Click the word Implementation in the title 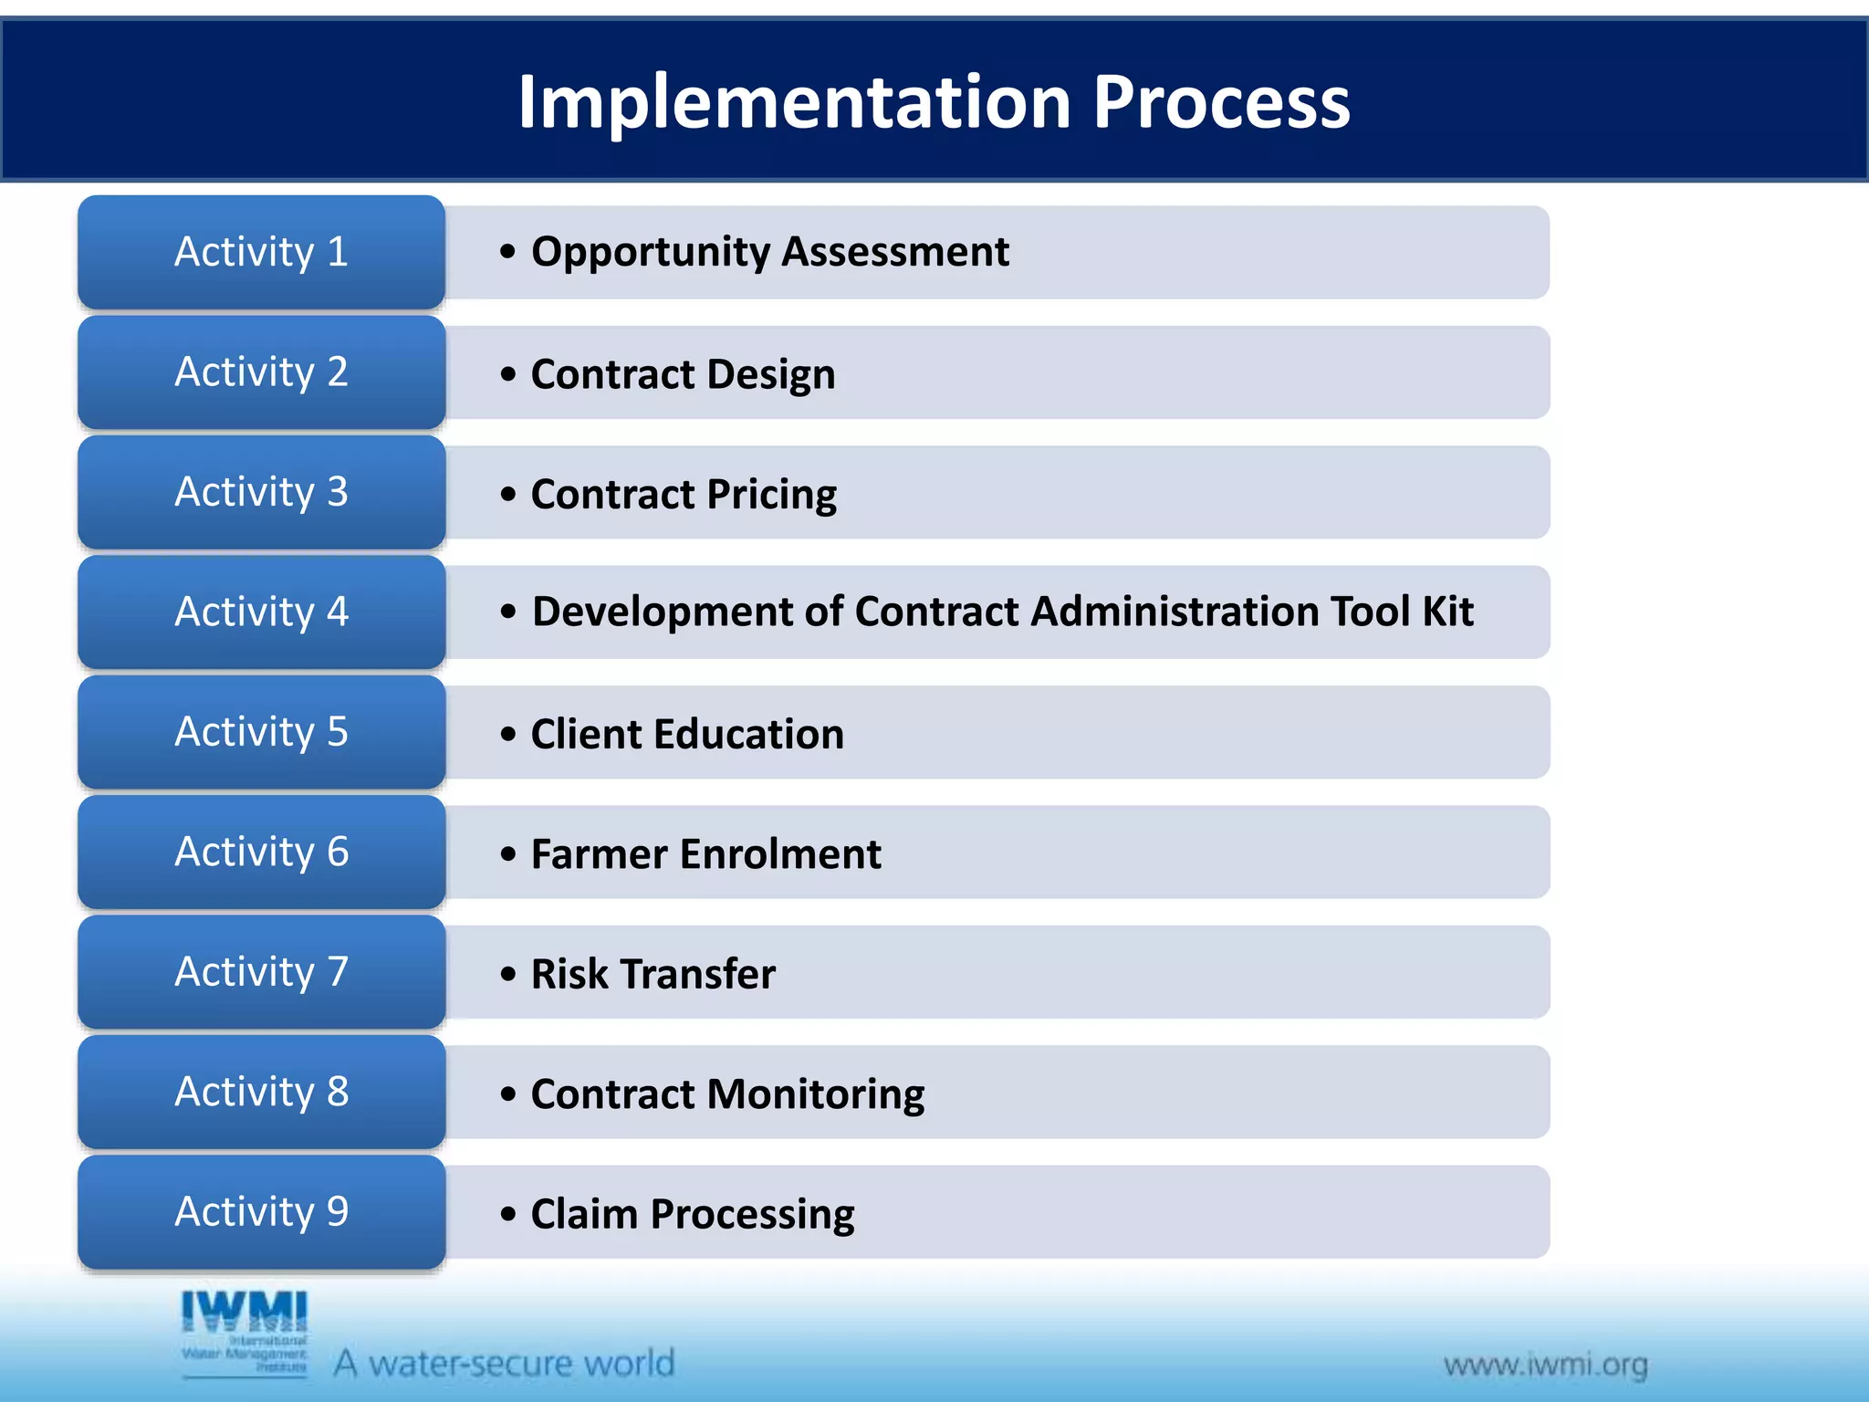(794, 102)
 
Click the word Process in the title (1221, 102)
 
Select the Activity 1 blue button (261, 252)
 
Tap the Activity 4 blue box (261, 612)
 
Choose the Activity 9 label (261, 1211)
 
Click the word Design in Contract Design (771, 374)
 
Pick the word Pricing (771, 495)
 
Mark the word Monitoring (815, 1094)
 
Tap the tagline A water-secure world (504, 1363)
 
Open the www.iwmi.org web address (1545, 1365)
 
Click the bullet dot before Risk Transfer (508, 974)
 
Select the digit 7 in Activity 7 (338, 971)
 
